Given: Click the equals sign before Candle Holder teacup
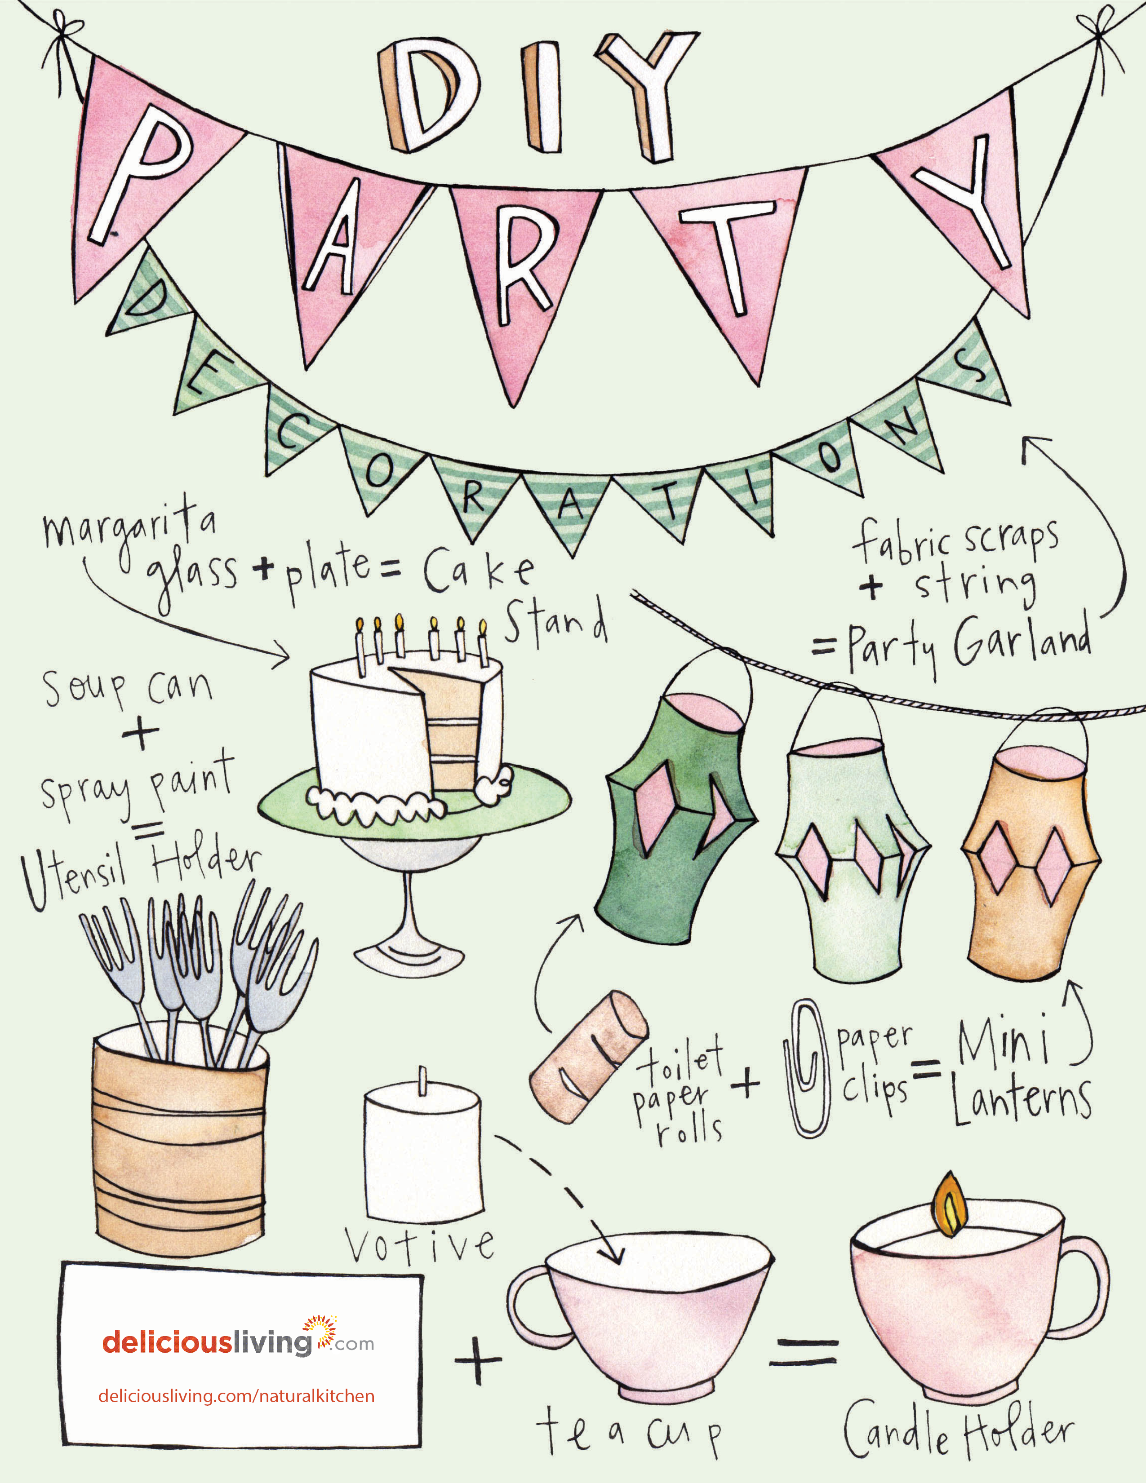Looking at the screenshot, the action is coord(804,1352).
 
